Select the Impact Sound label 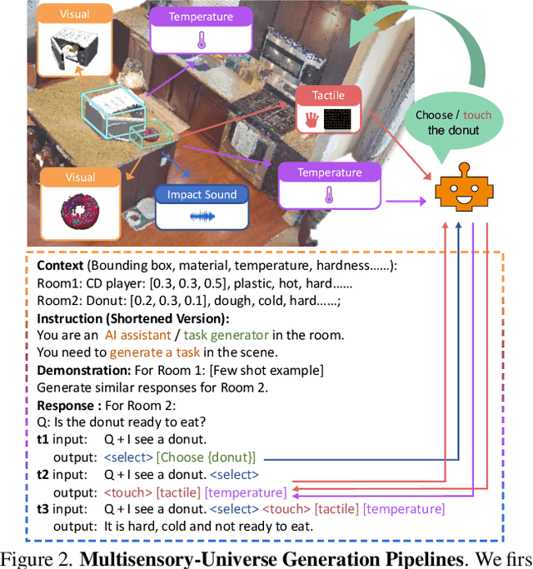coord(202,194)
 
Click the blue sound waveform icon coord(202,215)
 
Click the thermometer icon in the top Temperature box coord(201,41)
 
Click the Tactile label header coord(329,96)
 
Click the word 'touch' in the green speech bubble coord(476,114)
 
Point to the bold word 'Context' coord(60,265)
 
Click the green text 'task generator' coord(229,335)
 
